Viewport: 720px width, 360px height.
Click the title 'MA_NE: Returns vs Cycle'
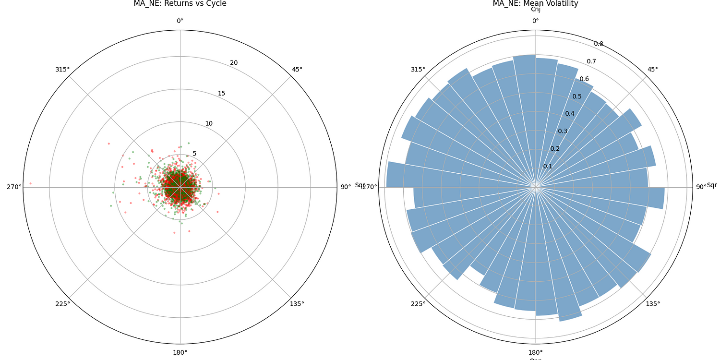coord(180,4)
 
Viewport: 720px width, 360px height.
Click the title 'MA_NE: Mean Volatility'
coord(535,4)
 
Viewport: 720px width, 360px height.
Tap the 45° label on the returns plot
coord(297,70)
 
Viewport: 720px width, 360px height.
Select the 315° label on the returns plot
coord(62,70)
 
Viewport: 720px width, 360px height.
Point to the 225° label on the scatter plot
coord(62,304)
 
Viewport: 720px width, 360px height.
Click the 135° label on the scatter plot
coord(297,304)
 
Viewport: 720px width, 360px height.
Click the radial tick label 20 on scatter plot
coord(234,63)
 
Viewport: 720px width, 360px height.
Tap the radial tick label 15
coord(221,93)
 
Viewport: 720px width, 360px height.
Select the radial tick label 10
coord(209,123)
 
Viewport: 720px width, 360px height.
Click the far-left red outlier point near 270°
coord(30,183)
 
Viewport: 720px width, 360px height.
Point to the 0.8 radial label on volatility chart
coord(599,44)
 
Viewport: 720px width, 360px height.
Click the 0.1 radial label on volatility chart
coord(548,166)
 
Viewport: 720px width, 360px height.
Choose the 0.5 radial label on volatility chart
coord(576,96)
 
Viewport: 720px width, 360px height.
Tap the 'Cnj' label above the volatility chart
coord(535,10)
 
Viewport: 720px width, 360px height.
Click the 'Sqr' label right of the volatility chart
coord(712,185)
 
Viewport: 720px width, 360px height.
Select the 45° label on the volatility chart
coord(653,70)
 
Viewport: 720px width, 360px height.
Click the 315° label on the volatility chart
coord(418,70)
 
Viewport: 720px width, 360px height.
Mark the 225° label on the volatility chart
coord(418,304)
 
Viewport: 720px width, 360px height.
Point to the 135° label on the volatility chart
coord(653,304)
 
